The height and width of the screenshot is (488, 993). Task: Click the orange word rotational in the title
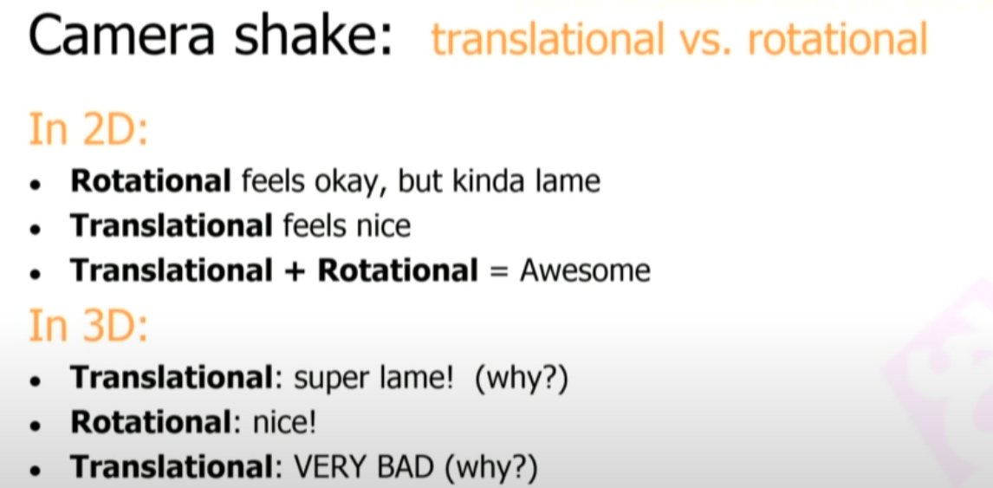coord(836,39)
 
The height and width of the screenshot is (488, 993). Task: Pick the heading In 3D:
coord(88,329)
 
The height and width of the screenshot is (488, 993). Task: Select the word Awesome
coord(585,270)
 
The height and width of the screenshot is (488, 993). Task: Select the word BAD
coord(408,468)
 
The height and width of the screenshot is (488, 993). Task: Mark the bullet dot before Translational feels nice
coord(35,229)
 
